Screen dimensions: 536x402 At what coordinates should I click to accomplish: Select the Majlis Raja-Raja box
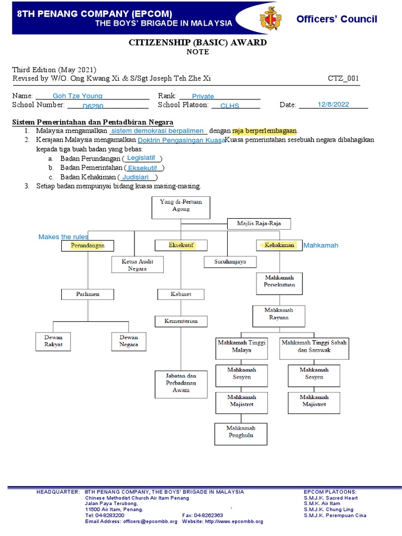pos(259,224)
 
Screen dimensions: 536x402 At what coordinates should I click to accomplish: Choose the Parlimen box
pos(87,294)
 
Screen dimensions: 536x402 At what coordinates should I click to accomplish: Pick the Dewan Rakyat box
pos(53,341)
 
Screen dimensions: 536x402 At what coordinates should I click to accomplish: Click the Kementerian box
pos(181,321)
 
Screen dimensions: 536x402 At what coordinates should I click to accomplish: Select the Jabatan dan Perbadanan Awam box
pos(181,383)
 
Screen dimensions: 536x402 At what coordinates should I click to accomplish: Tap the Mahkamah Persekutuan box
pos(280,282)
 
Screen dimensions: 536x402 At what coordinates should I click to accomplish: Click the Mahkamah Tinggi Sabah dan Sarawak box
pos(314,346)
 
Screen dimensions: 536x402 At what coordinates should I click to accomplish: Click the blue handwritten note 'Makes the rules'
pos(63,237)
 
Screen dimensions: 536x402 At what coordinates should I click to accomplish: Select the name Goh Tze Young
pos(78,96)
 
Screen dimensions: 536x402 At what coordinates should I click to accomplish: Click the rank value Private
pos(203,96)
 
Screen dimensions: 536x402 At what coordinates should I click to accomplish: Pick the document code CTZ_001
pos(343,79)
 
